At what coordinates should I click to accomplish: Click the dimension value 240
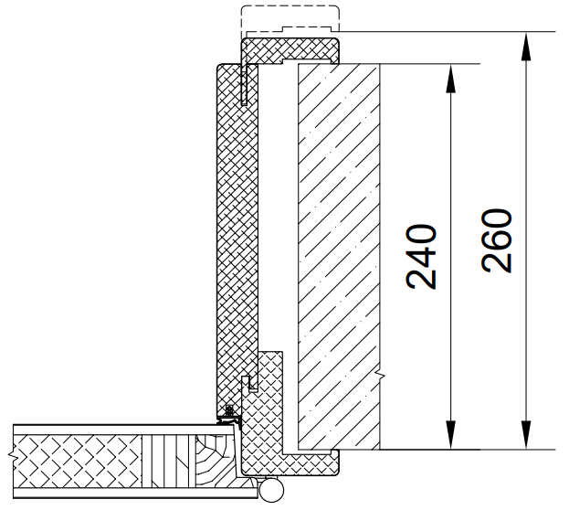click(421, 257)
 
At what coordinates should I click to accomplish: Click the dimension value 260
click(497, 240)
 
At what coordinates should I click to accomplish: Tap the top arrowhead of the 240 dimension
click(450, 80)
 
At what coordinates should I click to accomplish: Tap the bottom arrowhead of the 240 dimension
click(450, 434)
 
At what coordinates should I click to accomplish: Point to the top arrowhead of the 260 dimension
click(526, 47)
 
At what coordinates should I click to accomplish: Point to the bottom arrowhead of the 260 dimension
click(526, 434)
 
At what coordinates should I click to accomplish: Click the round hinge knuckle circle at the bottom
click(271, 491)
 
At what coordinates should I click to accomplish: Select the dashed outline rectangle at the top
click(290, 18)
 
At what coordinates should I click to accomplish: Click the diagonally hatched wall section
click(339, 257)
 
